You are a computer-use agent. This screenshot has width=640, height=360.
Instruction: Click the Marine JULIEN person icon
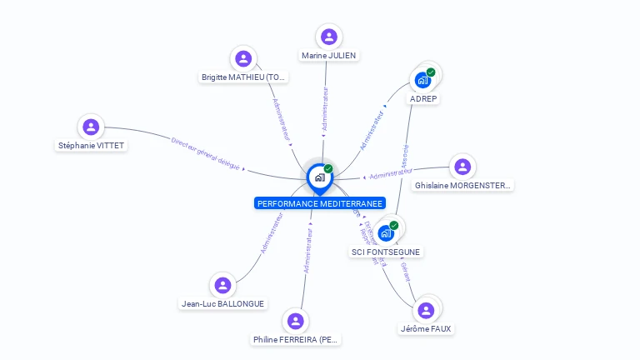(x=329, y=37)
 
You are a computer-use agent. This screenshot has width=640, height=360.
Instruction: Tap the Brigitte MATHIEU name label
(x=243, y=77)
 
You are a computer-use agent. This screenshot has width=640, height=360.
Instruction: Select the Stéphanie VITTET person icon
(x=91, y=127)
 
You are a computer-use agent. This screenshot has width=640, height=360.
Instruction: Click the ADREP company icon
(x=422, y=80)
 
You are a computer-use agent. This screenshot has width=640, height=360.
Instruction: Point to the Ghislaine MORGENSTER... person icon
(x=462, y=166)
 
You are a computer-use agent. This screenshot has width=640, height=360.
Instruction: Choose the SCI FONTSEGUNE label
(x=386, y=252)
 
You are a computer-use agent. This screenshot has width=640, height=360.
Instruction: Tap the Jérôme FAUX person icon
(x=426, y=310)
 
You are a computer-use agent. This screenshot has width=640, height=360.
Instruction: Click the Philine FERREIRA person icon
(x=296, y=321)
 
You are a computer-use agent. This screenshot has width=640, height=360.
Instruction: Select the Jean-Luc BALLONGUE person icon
(x=222, y=285)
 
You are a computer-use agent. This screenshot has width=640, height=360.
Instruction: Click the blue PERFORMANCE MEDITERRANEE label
(x=320, y=203)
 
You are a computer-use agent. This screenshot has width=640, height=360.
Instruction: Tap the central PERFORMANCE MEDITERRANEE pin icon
(x=319, y=177)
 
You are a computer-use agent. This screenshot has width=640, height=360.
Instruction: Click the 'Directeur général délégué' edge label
(x=206, y=154)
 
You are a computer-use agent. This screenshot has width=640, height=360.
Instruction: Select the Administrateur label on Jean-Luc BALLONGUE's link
(x=272, y=232)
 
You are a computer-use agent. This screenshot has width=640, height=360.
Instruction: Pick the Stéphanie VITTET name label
(x=92, y=146)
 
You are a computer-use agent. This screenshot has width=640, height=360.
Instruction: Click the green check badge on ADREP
(x=431, y=72)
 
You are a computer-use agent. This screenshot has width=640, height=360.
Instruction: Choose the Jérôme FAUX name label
(x=426, y=329)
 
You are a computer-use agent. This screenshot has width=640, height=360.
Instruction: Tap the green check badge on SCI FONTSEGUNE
(x=394, y=225)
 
